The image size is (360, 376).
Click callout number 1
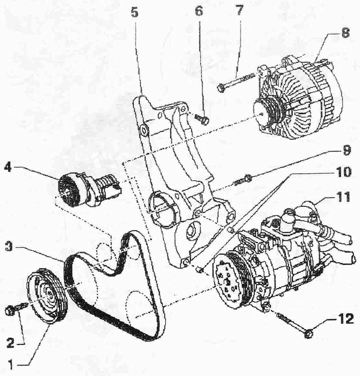10,365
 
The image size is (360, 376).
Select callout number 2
10,343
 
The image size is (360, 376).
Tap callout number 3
8,247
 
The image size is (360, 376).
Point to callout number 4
8,167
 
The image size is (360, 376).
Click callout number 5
135,13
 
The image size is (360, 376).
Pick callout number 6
198,11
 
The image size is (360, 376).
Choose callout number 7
239,11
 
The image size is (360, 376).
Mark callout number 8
345,33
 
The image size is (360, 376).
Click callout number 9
346,150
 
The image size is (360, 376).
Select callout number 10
343,172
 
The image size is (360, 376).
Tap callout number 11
343,197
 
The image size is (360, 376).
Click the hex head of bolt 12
308,334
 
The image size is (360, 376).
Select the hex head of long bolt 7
221,88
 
